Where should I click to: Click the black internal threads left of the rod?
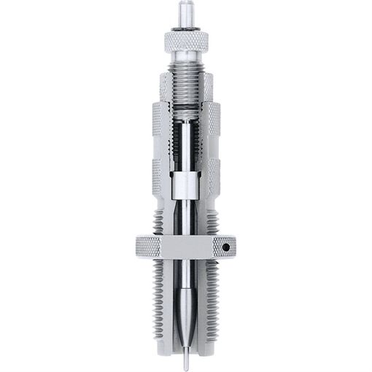pyautogui.click(x=174, y=146)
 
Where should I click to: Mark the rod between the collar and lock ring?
pyautogui.click(x=186, y=219)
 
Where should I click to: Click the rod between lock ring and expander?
pyautogui.click(x=187, y=281)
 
